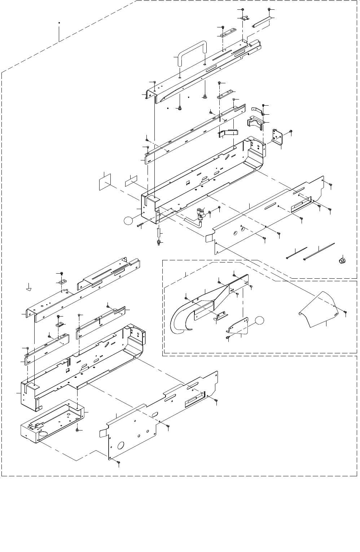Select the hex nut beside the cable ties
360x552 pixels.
[x=341, y=260]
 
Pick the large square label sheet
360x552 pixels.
[x=105, y=181]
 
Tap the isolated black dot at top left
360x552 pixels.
[x=59, y=23]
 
